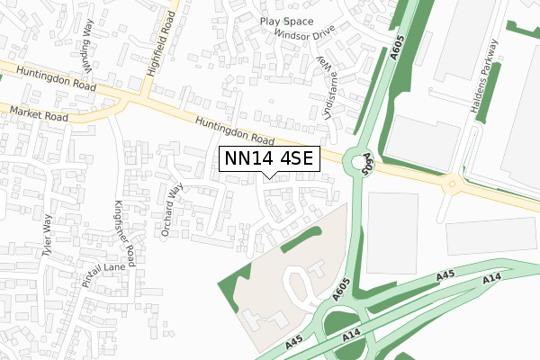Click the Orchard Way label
[x=172, y=210]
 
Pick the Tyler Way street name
[x=41, y=237]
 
